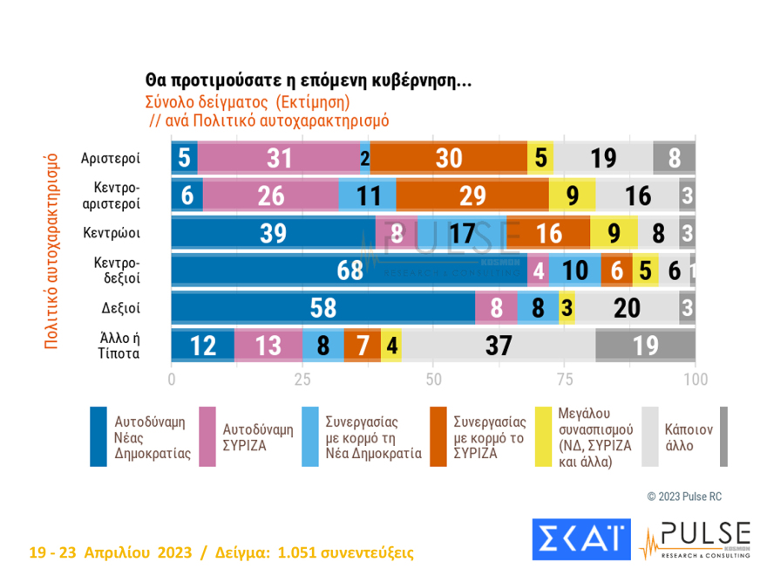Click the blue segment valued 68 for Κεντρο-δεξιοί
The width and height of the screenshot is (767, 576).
pyautogui.click(x=349, y=271)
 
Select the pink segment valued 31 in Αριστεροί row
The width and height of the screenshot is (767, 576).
pyautogui.click(x=279, y=157)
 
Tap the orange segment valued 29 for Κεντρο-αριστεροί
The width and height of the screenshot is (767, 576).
pyautogui.click(x=472, y=195)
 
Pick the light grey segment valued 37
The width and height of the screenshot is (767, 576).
pyautogui.click(x=499, y=346)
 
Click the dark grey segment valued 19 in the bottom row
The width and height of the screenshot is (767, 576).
pyautogui.click(x=645, y=346)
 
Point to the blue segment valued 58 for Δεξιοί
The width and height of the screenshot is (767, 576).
pyautogui.click(x=322, y=308)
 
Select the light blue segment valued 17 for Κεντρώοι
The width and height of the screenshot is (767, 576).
pyautogui.click(x=462, y=233)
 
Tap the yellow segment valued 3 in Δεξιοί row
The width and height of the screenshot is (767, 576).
pyautogui.click(x=567, y=308)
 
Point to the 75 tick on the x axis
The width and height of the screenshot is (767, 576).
pyautogui.click(x=565, y=381)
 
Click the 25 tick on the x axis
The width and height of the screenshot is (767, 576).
pyautogui.click(x=302, y=381)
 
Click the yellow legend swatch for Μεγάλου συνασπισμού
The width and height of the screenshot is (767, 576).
pyautogui.click(x=546, y=437)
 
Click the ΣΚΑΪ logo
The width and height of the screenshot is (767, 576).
pyautogui.click(x=580, y=540)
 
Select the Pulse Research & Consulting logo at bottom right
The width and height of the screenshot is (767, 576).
pyautogui.click(x=695, y=540)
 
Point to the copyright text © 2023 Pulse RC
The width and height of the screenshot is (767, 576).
pyautogui.click(x=684, y=497)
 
